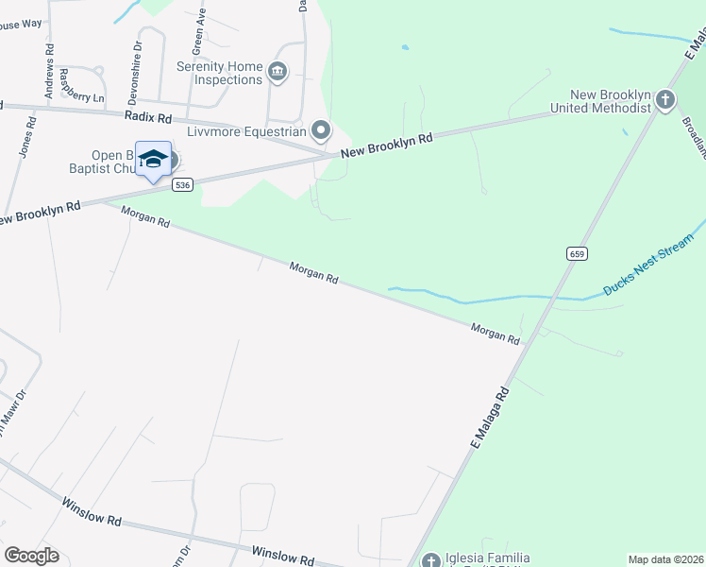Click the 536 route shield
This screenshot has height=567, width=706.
click(x=183, y=185)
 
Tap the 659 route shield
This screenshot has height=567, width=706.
click(x=576, y=253)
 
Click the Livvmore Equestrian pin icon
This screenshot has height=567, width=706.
click(x=321, y=129)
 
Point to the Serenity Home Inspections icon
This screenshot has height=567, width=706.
click(x=277, y=72)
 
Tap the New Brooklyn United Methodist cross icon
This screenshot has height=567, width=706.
click(x=665, y=99)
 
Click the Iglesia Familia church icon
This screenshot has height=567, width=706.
click(x=432, y=560)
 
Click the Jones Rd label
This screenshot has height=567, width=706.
click(x=27, y=136)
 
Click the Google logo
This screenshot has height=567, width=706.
click(x=31, y=556)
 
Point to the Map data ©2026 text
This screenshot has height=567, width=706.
click(x=666, y=559)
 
